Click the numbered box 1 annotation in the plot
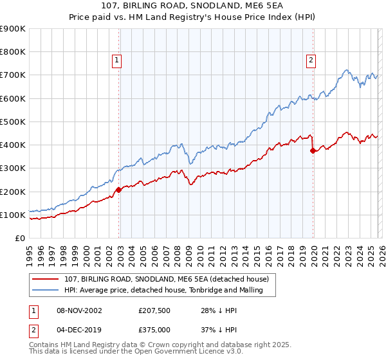117,60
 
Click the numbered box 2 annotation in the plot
311,60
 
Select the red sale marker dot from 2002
119,190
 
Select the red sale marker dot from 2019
313,151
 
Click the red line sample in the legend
46,279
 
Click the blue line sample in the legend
46,291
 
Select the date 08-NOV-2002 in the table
79,310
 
